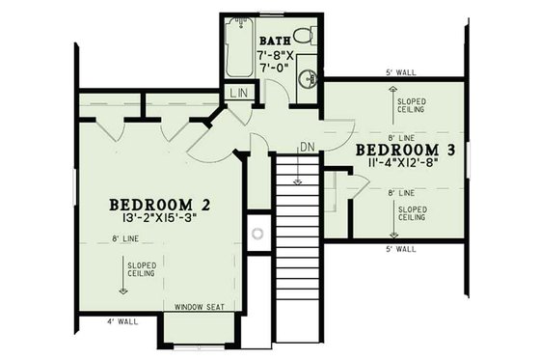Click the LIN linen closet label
click(238, 93)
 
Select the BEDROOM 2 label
click(159, 205)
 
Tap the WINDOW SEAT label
click(199, 308)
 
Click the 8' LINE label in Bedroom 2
click(127, 238)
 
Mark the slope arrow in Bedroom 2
click(123, 280)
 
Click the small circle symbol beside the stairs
click(257, 233)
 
